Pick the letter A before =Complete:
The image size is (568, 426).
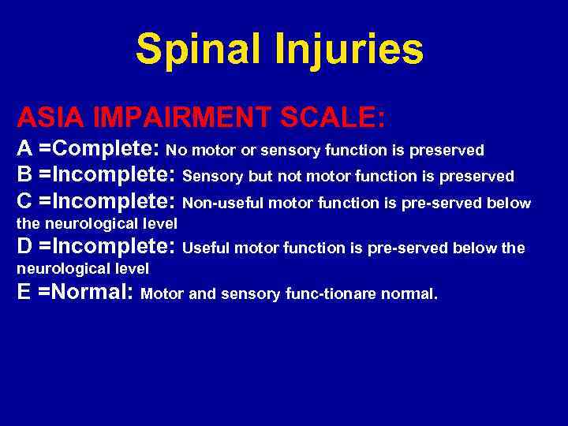pos(25,149)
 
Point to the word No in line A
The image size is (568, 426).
pos(175,150)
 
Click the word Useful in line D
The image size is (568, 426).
pos(201,248)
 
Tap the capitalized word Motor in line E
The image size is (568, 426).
pos(163,294)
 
